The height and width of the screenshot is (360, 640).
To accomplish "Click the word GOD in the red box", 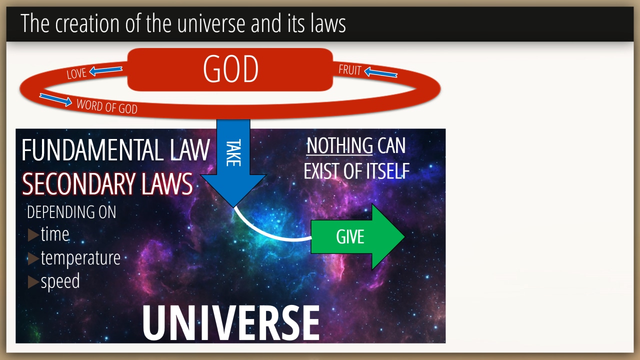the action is pyautogui.click(x=230, y=69).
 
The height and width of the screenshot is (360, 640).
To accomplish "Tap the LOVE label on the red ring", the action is pyautogui.click(x=76, y=73).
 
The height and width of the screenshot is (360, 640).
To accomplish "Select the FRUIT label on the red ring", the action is pyautogui.click(x=349, y=69).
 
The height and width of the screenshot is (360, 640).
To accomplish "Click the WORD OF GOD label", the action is pyautogui.click(x=107, y=106).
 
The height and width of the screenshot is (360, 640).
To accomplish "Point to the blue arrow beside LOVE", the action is pyautogui.click(x=105, y=70).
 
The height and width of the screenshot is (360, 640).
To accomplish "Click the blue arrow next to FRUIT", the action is pyautogui.click(x=380, y=72).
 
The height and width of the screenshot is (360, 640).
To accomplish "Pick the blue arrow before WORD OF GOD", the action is pyautogui.click(x=55, y=99).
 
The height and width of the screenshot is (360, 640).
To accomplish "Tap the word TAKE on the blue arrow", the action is pyautogui.click(x=233, y=152).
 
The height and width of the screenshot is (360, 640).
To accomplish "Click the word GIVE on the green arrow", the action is pyautogui.click(x=350, y=237).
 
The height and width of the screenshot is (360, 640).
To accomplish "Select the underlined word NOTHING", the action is pyautogui.click(x=339, y=145).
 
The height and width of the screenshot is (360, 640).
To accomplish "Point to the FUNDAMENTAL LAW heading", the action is pyautogui.click(x=115, y=150).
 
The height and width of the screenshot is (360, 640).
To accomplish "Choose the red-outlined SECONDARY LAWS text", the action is pyautogui.click(x=107, y=183).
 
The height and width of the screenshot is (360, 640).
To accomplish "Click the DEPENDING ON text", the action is pyautogui.click(x=71, y=212).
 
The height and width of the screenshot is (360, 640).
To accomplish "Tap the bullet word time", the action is pyautogui.click(x=55, y=234).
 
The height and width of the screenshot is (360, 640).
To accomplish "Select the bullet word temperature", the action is pyautogui.click(x=80, y=258).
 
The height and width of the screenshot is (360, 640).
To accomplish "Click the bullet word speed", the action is pyautogui.click(x=60, y=281).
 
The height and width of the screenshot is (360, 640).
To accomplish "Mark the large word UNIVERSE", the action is pyautogui.click(x=231, y=323).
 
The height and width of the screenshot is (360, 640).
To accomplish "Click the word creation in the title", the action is pyautogui.click(x=87, y=23).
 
